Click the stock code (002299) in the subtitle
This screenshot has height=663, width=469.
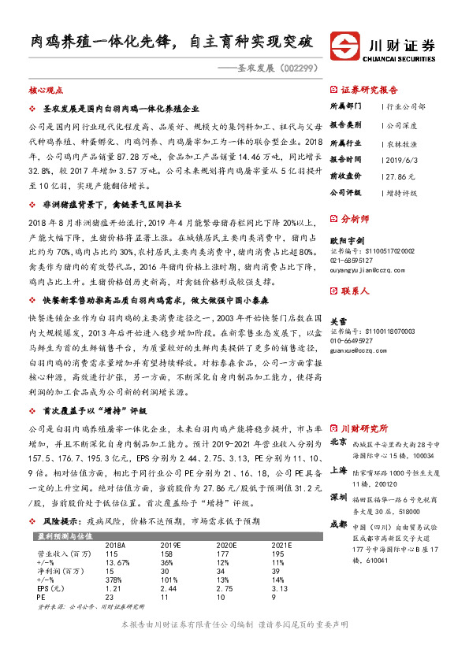click(300, 68)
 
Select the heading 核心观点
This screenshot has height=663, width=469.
click(46, 91)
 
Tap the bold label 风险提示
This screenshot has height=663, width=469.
click(60, 522)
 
